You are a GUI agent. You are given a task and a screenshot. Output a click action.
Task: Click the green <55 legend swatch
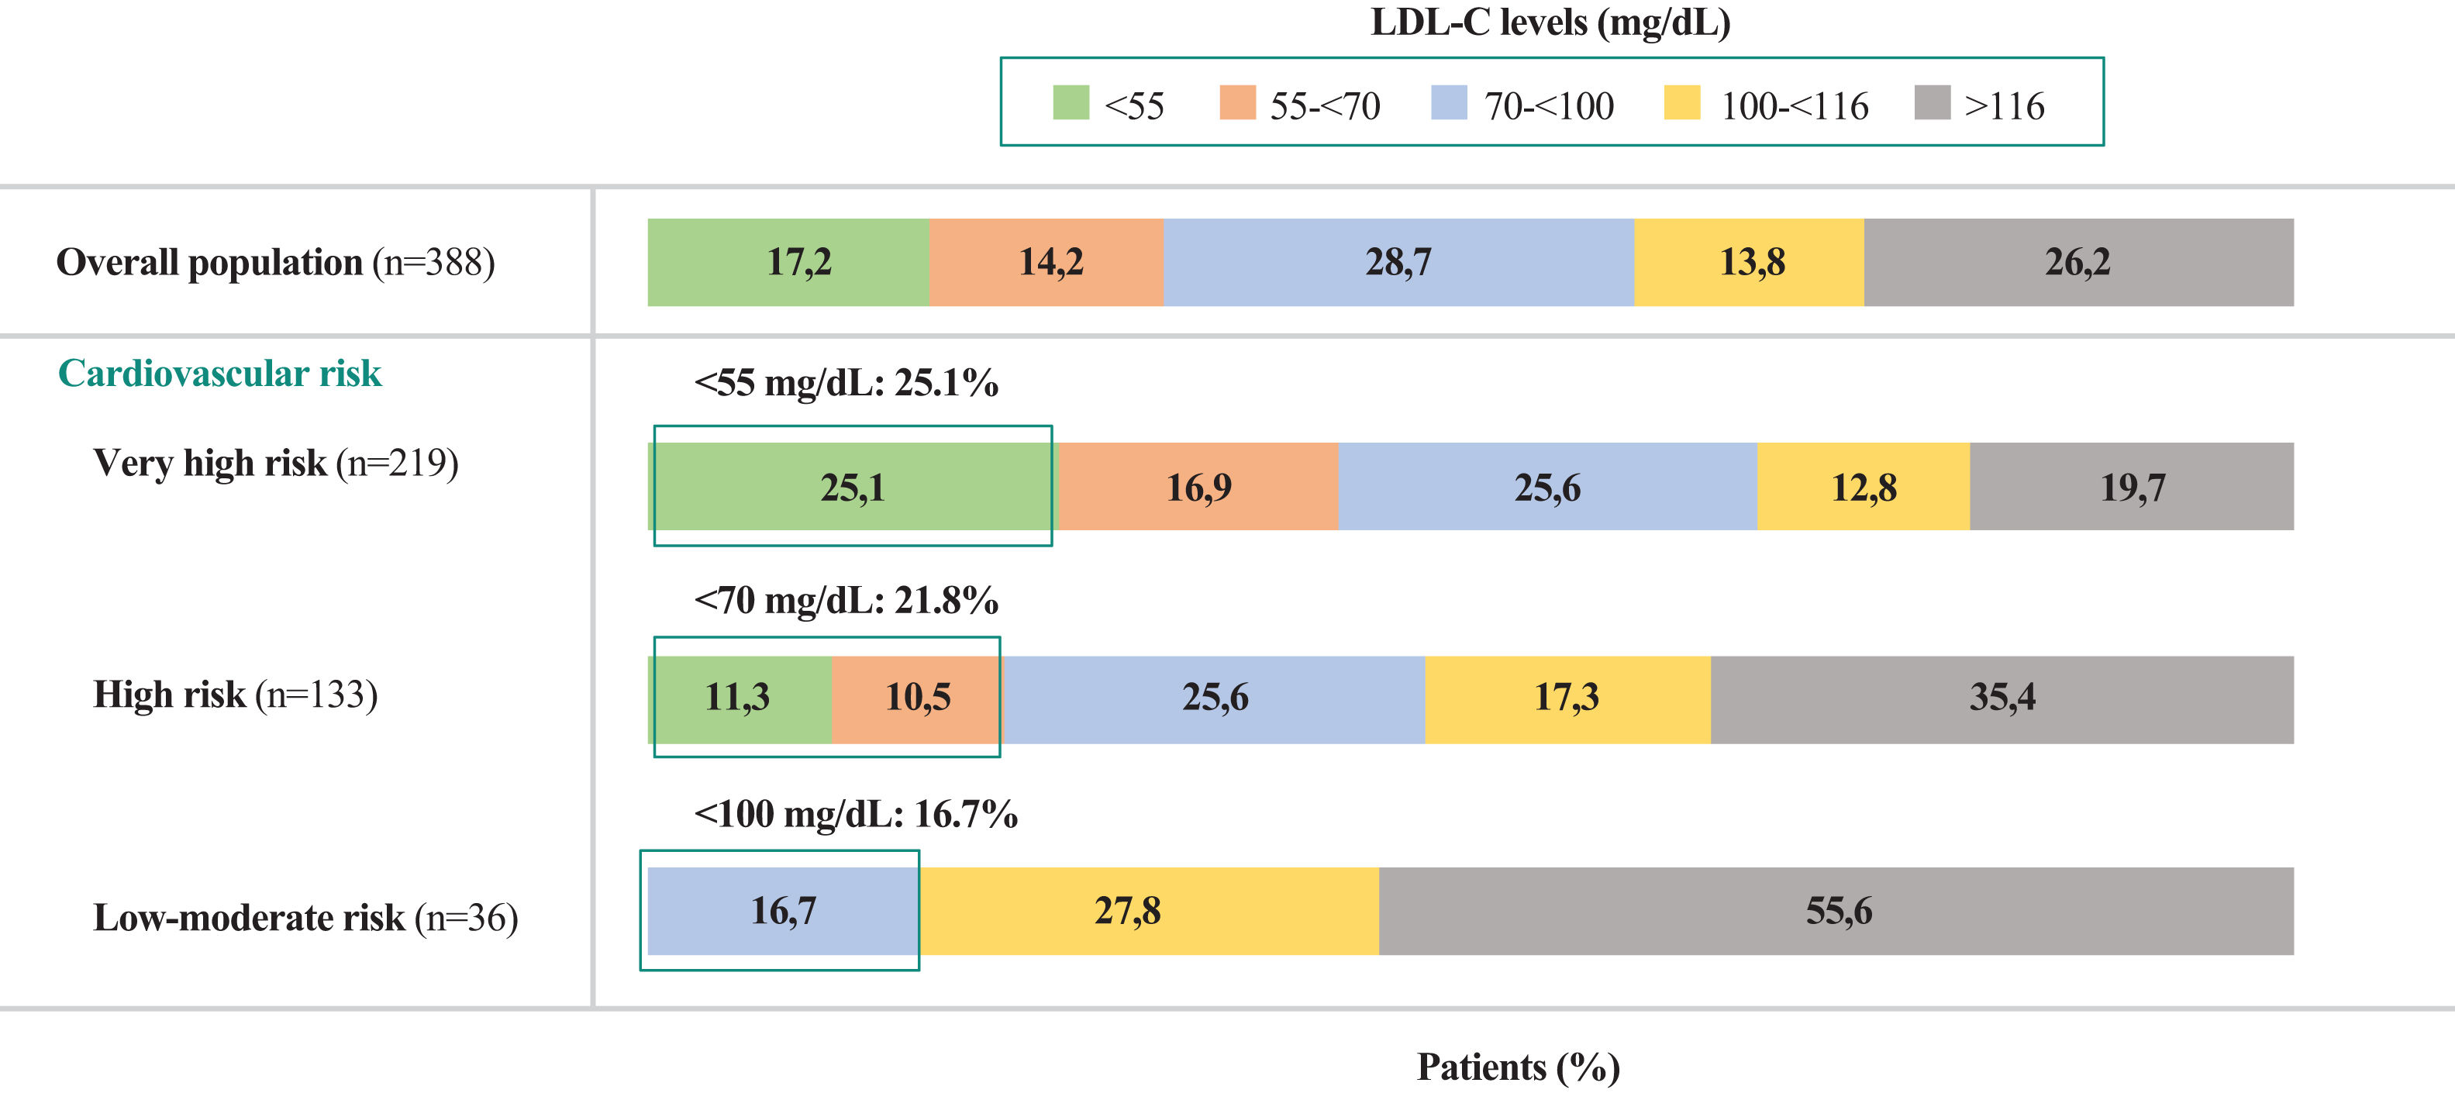pyautogui.click(x=1071, y=103)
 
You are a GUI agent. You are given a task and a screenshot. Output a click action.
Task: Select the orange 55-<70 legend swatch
pyautogui.click(x=1237, y=103)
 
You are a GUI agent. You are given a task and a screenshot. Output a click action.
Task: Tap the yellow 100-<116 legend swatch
pyautogui.click(x=1681, y=103)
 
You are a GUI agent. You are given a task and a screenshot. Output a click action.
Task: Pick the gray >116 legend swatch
pyautogui.click(x=1932, y=103)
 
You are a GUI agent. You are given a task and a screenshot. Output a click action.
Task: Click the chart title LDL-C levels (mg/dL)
pyautogui.click(x=1550, y=22)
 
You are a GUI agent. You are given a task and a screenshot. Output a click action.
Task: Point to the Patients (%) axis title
pyautogui.click(x=1518, y=1067)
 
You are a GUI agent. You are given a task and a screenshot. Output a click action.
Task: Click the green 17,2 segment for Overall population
pyautogui.click(x=788, y=262)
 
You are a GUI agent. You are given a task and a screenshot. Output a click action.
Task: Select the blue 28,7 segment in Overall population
pyautogui.click(x=1399, y=262)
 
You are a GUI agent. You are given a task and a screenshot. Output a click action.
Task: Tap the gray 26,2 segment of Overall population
pyautogui.click(x=2078, y=262)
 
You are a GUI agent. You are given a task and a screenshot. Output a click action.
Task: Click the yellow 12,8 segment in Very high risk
pyautogui.click(x=1864, y=486)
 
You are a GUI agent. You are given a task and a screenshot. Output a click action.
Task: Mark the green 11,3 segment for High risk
pyautogui.click(x=740, y=699)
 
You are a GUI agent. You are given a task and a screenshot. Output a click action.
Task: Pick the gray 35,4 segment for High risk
pyautogui.click(x=2002, y=699)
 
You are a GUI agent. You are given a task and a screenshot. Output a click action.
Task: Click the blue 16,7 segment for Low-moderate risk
pyautogui.click(x=784, y=911)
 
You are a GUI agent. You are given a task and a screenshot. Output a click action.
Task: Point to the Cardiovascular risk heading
pyautogui.click(x=219, y=373)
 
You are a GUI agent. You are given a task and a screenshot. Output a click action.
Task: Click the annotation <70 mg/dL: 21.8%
pyautogui.click(x=846, y=600)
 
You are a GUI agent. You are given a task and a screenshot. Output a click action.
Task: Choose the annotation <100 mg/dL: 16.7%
pyautogui.click(x=856, y=814)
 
